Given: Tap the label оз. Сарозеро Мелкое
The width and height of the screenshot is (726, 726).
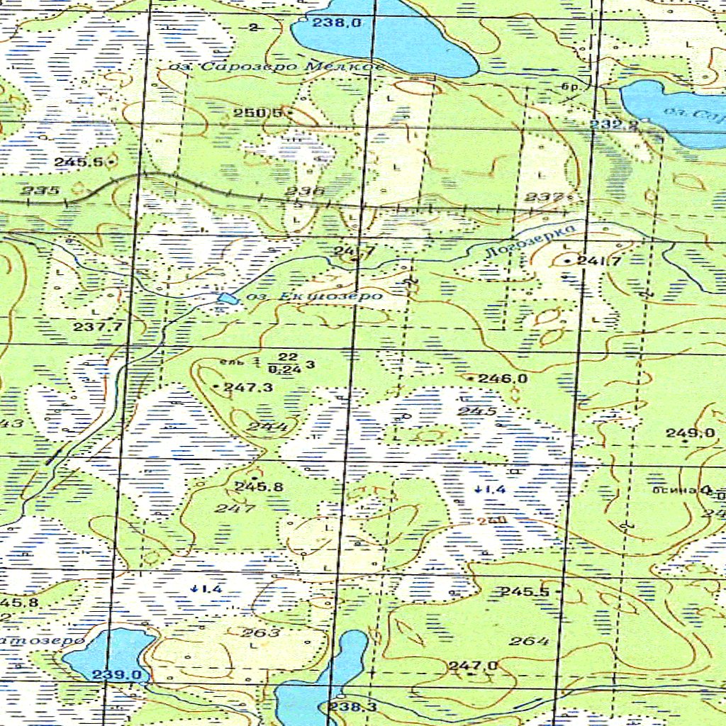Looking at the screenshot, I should tap(277, 67).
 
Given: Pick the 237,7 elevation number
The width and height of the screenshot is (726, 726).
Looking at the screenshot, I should tap(98, 326).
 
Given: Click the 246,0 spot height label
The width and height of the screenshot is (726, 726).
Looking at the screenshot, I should tap(502, 379).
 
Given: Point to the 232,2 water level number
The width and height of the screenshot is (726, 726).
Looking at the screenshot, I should tap(615, 125).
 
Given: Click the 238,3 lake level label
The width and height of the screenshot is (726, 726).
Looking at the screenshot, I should tap(352, 707).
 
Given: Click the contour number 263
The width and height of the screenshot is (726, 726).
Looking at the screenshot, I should tap(261, 632).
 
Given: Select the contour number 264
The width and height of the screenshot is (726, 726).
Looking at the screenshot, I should tap(530, 642).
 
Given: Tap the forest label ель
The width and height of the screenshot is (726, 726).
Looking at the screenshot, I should tap(230, 362).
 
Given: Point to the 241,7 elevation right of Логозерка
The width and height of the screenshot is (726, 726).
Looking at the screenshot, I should tap(599, 261).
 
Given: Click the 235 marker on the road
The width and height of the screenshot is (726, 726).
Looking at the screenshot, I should tap(35, 191).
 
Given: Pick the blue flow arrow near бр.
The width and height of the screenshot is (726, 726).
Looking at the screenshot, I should tap(541, 71).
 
